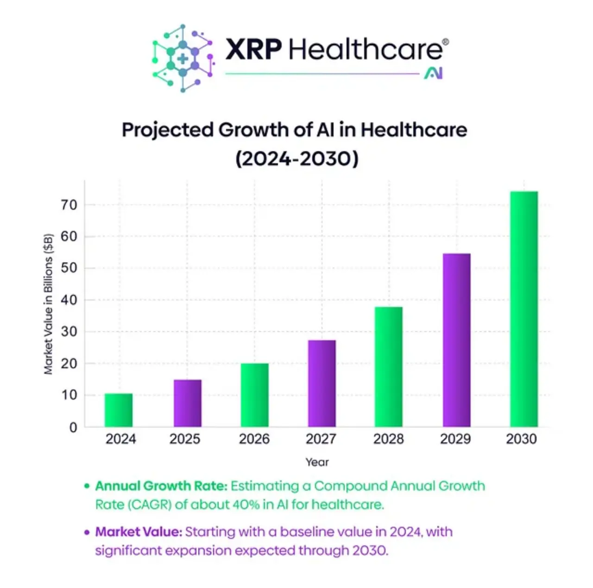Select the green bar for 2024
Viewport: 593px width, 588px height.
119,410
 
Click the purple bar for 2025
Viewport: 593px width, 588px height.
188,403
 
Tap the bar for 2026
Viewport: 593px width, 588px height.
255,395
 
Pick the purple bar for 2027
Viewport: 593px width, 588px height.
322,383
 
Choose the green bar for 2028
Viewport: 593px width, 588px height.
389,367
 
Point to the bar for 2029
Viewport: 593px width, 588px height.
456,340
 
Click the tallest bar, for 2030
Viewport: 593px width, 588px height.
524,309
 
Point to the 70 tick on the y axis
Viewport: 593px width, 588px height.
69,205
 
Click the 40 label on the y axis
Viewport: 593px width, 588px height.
69,300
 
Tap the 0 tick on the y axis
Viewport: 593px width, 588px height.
73,428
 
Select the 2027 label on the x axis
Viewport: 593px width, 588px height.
321,439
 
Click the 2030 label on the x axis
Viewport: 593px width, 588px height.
521,439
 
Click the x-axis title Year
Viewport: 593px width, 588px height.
317,462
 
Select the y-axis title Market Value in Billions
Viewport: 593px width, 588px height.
48,304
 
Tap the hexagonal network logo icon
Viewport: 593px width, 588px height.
183,58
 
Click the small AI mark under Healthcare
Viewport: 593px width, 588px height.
434,73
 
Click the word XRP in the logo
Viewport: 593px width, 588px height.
253,49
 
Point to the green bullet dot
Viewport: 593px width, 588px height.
87,486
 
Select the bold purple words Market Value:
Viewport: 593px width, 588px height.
139,531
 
